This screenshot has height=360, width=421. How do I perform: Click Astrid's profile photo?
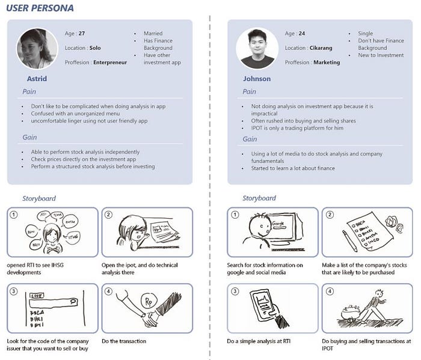click(36, 49)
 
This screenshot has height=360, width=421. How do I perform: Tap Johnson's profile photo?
click(256, 48)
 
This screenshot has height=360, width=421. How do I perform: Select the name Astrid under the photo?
click(37, 79)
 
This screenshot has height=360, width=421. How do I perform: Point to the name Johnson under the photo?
click(257, 79)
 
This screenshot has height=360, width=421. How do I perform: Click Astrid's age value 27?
click(82, 34)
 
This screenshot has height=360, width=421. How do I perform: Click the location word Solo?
click(95, 48)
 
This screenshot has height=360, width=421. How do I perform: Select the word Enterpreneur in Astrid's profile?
click(110, 63)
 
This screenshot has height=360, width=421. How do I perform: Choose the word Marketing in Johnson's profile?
click(327, 63)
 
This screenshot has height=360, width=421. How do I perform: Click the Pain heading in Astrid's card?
click(29, 92)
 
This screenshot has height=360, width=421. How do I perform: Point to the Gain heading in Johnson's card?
click(250, 139)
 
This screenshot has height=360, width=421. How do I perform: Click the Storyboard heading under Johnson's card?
click(259, 198)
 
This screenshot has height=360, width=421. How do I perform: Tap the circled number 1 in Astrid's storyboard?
click(15, 215)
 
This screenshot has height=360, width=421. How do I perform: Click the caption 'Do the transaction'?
click(124, 341)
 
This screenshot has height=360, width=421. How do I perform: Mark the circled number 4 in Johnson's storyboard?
click(329, 291)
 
